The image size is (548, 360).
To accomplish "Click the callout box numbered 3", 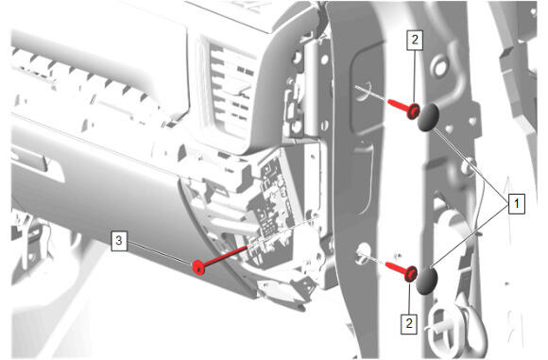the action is [119, 240].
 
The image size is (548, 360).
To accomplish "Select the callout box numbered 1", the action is [516, 203].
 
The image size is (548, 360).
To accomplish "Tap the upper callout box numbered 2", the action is [415, 40].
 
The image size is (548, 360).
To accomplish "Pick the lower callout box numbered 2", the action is [409, 323].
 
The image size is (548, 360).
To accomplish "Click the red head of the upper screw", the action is [414, 111].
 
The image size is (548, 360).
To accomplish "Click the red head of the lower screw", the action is [411, 273].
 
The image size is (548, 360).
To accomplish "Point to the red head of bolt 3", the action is [198, 267].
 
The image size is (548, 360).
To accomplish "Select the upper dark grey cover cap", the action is [428, 117].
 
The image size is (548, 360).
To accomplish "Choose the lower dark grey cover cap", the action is [426, 281].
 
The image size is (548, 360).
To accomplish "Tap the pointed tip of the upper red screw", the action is [389, 101].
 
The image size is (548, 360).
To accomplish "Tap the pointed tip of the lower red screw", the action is [386, 264].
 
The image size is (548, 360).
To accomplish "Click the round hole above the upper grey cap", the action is [439, 67].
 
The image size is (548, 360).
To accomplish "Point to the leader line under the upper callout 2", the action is [415, 77].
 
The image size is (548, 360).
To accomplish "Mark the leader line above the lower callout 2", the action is [409, 298].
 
